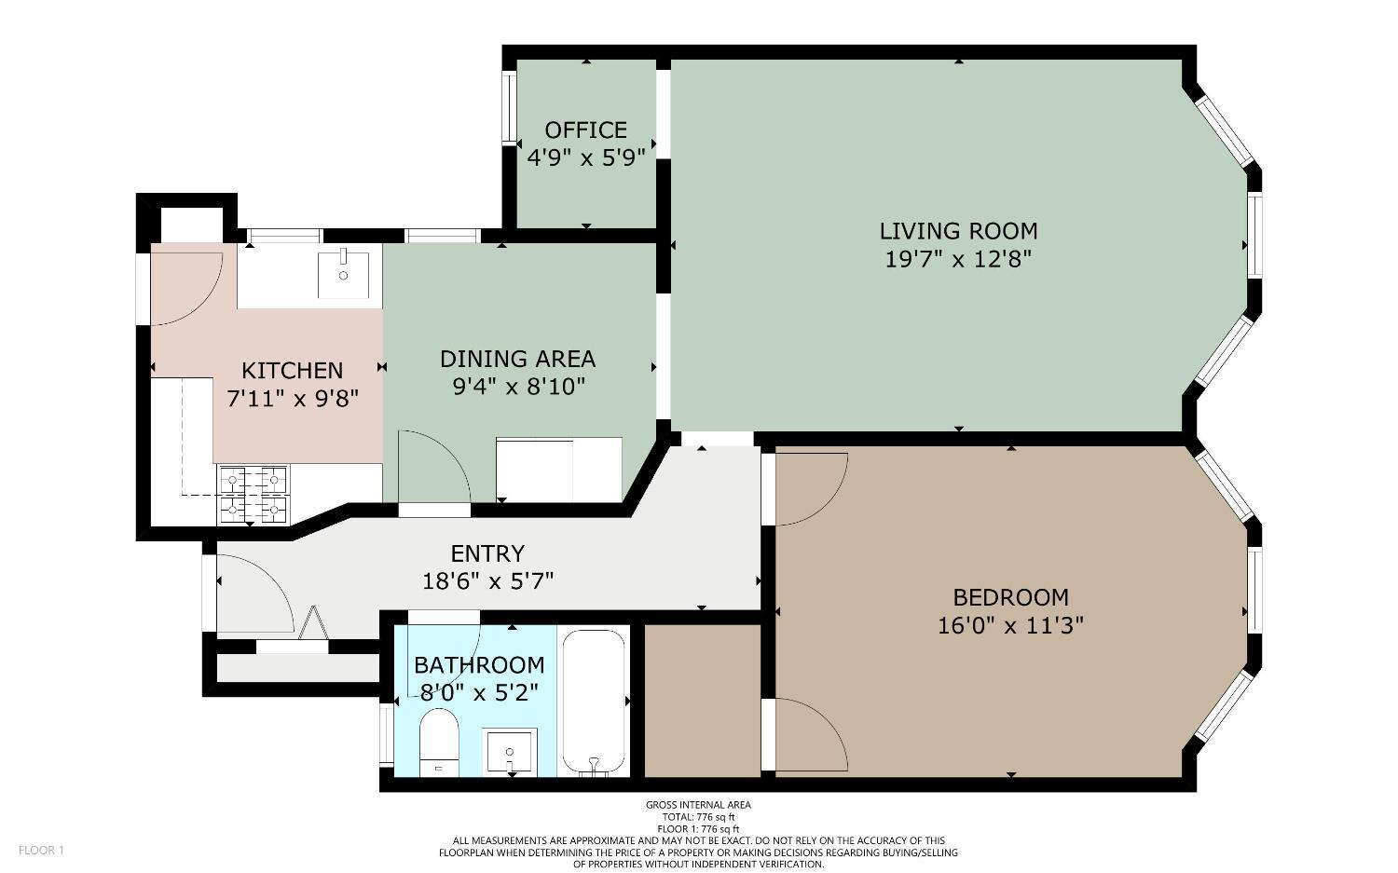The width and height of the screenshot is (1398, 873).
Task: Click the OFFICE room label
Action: tap(585, 130)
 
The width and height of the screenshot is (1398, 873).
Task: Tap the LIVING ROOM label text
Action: tap(958, 231)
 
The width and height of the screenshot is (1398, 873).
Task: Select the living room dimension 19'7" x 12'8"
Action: tap(958, 259)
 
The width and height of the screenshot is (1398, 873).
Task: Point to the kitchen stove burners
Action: tap(253, 494)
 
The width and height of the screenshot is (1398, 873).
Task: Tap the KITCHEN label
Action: tap(293, 371)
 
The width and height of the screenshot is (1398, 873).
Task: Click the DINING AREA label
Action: tap(517, 359)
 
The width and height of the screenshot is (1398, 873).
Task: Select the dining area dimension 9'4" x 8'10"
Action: tap(517, 386)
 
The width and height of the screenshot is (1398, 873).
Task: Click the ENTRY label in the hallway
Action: tap(487, 553)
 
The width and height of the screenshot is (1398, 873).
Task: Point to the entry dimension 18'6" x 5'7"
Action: tap(487, 581)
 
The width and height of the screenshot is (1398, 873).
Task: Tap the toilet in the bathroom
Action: tap(437, 741)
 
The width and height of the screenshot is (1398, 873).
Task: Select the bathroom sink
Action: tap(510, 751)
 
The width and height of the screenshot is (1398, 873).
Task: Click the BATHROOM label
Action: tap(479, 665)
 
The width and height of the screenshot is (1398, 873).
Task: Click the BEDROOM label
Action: tap(1010, 597)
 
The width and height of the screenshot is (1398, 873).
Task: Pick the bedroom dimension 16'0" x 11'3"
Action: tap(1010, 625)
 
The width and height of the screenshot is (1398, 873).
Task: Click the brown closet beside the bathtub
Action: tap(703, 700)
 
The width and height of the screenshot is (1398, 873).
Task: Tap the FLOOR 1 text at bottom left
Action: tap(41, 850)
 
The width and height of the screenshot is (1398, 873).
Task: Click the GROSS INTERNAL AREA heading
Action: tap(698, 805)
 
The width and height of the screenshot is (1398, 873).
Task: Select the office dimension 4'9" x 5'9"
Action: tap(585, 157)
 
